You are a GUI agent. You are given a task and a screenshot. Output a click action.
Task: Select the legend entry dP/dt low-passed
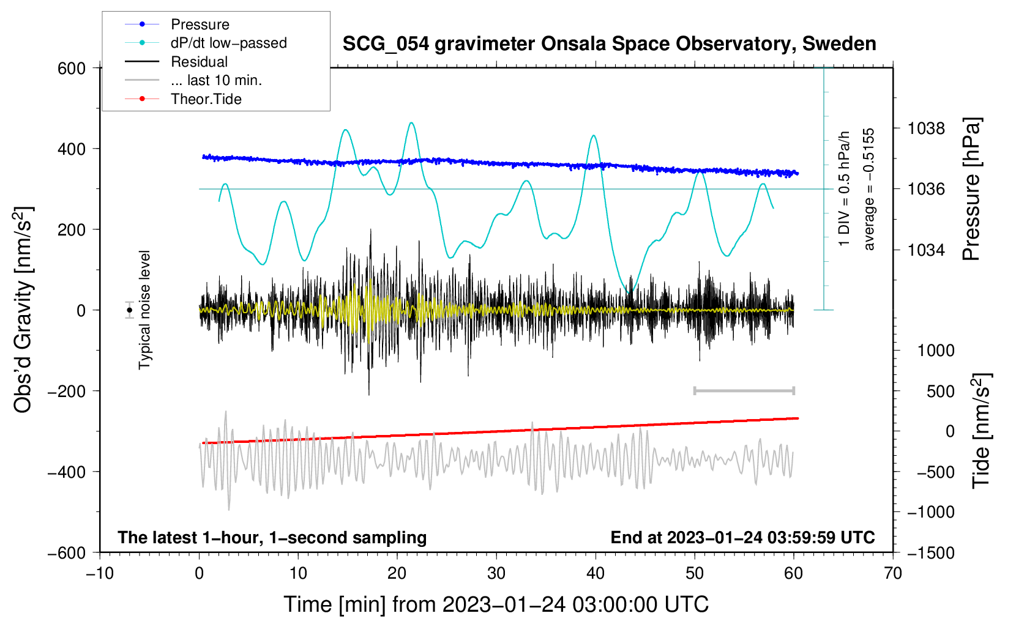(x=228, y=43)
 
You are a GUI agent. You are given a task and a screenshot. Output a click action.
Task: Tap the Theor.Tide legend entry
(x=206, y=99)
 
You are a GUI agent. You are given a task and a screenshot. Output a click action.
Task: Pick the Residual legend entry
(x=199, y=62)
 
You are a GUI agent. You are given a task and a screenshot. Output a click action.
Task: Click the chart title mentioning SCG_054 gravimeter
(x=609, y=44)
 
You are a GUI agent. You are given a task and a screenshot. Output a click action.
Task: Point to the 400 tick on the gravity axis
(x=72, y=149)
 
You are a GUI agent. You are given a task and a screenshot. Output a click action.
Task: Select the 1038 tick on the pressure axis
(x=926, y=128)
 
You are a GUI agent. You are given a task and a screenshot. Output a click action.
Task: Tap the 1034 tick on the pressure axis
(x=926, y=250)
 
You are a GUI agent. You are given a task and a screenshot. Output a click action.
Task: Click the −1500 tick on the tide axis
(x=930, y=552)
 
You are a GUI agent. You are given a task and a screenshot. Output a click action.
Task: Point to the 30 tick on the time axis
(x=496, y=573)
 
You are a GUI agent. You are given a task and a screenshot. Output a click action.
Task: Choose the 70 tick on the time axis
(x=893, y=573)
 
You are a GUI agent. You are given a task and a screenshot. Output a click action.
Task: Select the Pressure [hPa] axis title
(x=971, y=189)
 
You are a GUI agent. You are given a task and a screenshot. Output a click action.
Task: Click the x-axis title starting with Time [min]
(x=496, y=604)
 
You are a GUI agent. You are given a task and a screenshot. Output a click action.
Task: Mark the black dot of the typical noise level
(x=130, y=310)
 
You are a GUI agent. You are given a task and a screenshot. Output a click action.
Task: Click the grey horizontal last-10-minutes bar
(x=744, y=390)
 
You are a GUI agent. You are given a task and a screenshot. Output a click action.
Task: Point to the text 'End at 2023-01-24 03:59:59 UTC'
(x=742, y=537)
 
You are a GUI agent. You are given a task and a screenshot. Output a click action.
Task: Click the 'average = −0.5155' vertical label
(x=869, y=189)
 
